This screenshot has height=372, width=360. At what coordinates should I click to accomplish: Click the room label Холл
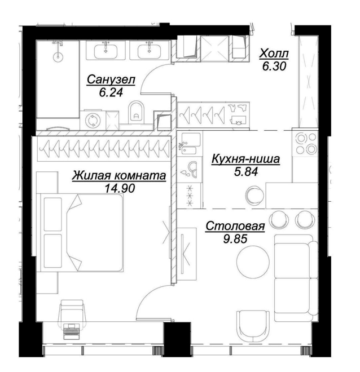point(274,54)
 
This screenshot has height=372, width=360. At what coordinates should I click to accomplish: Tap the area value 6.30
point(274,66)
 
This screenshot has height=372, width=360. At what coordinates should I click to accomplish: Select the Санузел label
point(111,79)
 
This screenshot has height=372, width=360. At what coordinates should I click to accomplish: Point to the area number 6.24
point(111,92)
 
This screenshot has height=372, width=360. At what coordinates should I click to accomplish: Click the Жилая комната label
point(119,176)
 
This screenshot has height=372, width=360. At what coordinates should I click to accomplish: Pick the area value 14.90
point(120,188)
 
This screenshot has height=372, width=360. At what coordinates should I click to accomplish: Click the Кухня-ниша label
point(245,159)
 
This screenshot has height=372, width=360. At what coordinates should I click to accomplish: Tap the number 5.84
point(246,171)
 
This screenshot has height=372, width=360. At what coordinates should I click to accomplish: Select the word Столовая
point(235,226)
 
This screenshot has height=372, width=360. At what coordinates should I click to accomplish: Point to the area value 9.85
point(235,238)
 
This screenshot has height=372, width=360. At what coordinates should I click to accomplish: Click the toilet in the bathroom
point(137,112)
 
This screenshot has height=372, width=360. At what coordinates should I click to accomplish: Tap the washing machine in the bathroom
point(92,120)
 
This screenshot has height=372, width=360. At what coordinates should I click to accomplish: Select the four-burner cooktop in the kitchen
point(305,143)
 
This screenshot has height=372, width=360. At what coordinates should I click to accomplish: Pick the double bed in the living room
point(82,232)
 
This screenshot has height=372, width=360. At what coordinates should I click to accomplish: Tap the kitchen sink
point(191,143)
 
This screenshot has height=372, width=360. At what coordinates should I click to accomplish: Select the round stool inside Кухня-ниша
point(254,195)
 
